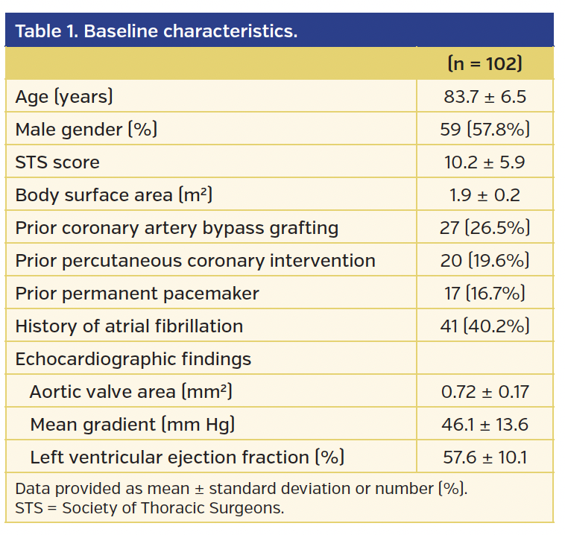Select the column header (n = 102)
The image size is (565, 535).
pyautogui.click(x=484, y=63)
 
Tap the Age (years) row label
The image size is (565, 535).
pyautogui.click(x=64, y=96)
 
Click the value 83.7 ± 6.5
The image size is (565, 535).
pyautogui.click(x=484, y=96)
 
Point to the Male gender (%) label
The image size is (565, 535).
pyautogui.click(x=86, y=129)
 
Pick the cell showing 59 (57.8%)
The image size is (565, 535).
pyautogui.click(x=484, y=129)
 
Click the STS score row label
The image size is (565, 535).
pyautogui.click(x=57, y=162)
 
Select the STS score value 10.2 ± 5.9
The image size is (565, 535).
pyautogui.click(x=484, y=162)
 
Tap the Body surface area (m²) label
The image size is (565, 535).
pyautogui.click(x=114, y=194)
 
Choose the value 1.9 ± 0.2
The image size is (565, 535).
pyautogui.click(x=484, y=194)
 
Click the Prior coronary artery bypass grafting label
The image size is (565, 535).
pyautogui.click(x=177, y=227)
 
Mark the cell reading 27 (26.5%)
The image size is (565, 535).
pyautogui.click(x=484, y=227)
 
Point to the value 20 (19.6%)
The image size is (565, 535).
pyautogui.click(x=484, y=260)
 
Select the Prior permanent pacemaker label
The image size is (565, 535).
pyautogui.click(x=137, y=293)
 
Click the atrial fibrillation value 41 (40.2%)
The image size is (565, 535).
pyautogui.click(x=484, y=326)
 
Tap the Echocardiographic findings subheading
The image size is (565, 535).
pyautogui.click(x=133, y=358)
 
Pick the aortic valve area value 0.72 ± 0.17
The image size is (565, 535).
pyautogui.click(x=484, y=391)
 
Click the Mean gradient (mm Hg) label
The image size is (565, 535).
pyautogui.click(x=133, y=424)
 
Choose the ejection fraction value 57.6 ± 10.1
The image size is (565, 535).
pyautogui.click(x=484, y=457)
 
